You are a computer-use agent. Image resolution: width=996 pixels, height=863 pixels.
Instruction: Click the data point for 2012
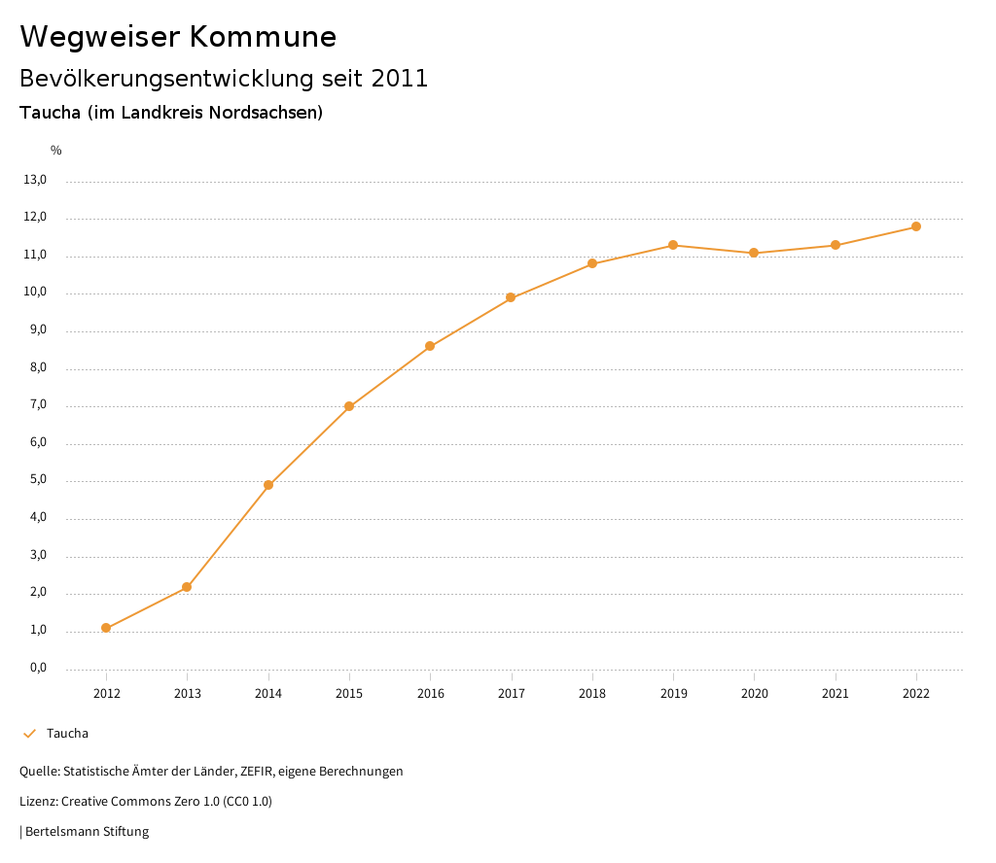coord(106,628)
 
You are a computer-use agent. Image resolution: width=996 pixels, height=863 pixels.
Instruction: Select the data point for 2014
coord(268,485)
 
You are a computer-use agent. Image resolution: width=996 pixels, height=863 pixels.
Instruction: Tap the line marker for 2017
coord(511,297)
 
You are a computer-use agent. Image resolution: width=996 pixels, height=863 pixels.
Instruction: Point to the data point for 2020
coord(754,253)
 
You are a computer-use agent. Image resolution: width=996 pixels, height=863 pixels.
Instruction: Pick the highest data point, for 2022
coord(916,226)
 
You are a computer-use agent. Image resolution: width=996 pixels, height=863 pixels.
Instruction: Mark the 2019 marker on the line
coord(673,245)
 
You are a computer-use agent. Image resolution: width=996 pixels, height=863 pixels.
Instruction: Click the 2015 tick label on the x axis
coord(349,693)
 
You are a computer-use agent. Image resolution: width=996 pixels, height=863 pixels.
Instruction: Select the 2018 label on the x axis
coord(592,693)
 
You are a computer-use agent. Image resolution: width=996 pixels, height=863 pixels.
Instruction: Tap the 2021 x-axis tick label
coord(836,693)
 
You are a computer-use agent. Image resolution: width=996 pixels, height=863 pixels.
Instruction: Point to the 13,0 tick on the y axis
coord(35,180)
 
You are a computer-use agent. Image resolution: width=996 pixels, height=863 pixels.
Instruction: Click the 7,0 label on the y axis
coord(37,405)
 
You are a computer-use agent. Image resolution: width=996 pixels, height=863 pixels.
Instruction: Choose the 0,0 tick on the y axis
coord(37,668)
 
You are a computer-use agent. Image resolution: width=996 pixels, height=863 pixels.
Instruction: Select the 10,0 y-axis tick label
coord(35,293)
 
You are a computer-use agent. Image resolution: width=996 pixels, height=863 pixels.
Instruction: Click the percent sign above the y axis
coord(56,151)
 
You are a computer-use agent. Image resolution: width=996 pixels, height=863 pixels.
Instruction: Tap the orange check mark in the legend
coord(29,733)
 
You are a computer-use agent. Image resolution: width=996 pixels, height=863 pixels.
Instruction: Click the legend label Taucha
coord(67,733)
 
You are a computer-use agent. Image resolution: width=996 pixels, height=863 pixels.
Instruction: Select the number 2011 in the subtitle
coord(400,79)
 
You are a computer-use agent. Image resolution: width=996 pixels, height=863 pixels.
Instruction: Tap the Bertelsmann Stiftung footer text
coord(87,832)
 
